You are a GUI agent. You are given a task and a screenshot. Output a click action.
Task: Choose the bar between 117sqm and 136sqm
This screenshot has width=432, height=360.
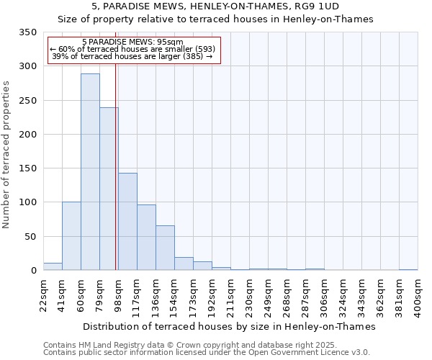146,238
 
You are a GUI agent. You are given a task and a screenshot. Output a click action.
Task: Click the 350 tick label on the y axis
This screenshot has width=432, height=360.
27,32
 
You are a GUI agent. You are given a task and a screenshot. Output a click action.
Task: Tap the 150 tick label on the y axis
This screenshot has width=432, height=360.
27,168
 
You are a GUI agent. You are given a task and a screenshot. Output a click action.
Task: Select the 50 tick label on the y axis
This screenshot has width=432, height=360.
30,236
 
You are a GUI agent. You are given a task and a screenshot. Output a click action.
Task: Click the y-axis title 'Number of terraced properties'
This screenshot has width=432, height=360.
7,155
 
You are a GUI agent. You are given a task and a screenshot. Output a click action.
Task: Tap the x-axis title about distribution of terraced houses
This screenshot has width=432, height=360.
230,326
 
